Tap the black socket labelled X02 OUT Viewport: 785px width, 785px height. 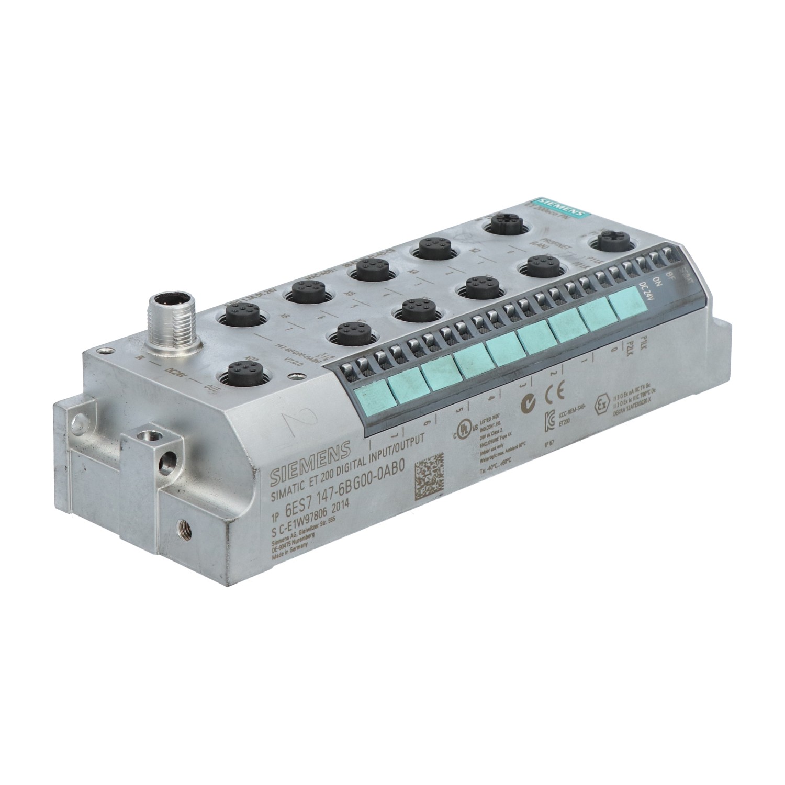click(x=241, y=375)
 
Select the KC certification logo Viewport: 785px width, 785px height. click(x=549, y=419)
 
